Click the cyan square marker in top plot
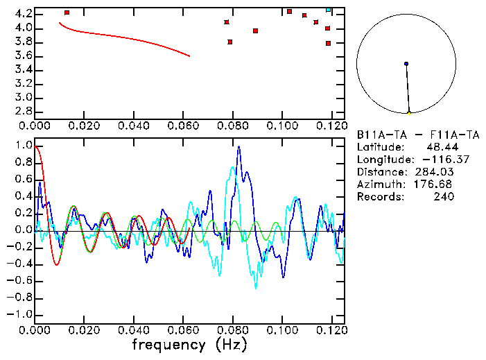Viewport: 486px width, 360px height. (328, 10)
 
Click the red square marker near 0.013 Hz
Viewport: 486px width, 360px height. (67, 12)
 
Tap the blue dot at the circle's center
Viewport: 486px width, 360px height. (406, 64)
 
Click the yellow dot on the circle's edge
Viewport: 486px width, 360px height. (409, 112)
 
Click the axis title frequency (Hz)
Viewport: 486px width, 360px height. (189, 344)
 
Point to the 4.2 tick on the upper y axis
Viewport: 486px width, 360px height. (23, 14)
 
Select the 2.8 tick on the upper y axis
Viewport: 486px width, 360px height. (23, 111)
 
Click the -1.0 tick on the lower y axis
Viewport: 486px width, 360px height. (20, 314)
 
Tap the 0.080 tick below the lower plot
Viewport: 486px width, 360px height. (233, 329)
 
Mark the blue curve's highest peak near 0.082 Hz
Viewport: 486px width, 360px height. (238, 147)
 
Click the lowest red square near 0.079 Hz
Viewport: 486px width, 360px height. (230, 42)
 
